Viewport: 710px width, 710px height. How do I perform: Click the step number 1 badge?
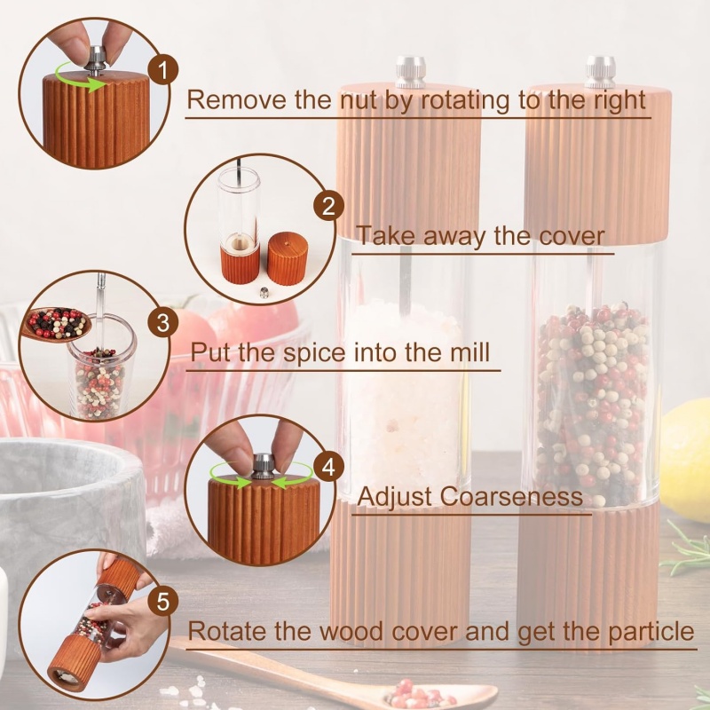coord(162,69)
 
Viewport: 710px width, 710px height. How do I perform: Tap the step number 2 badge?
coord(328,206)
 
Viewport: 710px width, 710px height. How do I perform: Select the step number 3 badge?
coord(162,322)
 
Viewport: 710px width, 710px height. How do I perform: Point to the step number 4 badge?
coord(328,466)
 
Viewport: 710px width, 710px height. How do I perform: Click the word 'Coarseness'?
coord(511,496)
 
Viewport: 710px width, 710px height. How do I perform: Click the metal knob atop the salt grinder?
coord(411,72)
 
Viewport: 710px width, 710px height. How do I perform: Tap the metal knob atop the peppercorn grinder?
coord(601,72)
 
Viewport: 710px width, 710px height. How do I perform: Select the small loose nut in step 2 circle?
coord(263,293)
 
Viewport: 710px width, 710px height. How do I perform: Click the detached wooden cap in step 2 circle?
coord(288,258)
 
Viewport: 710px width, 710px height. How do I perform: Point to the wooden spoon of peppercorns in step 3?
coord(56,324)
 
